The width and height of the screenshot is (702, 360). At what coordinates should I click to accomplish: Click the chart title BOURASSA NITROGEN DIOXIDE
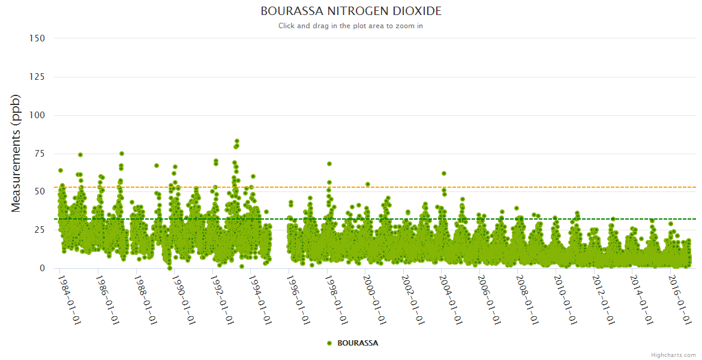tap(351, 11)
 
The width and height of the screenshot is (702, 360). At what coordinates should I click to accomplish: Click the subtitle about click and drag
tap(351, 26)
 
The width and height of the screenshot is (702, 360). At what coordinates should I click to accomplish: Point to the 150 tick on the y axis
tap(37, 38)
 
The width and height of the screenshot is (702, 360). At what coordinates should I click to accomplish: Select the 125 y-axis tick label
tap(37, 77)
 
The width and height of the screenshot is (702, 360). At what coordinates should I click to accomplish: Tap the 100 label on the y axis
tap(37, 115)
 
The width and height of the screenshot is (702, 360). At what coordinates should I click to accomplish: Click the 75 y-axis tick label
tap(40, 154)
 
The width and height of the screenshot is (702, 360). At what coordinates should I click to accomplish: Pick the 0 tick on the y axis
tap(42, 268)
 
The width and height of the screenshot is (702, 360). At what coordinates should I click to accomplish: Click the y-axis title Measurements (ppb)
tap(16, 153)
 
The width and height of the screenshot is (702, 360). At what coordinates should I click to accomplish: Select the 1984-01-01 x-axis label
tap(69, 299)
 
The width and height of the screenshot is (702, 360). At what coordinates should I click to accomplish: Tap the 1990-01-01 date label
tap(183, 299)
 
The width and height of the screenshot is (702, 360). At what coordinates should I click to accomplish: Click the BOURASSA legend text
tap(358, 343)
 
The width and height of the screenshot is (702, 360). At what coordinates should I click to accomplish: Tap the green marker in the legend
tap(329, 343)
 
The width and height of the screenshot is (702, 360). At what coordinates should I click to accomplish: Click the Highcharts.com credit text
tap(673, 355)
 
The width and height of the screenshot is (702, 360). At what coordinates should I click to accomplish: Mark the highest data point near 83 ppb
tap(237, 141)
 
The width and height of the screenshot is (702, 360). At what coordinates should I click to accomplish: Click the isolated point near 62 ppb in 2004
tap(444, 173)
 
